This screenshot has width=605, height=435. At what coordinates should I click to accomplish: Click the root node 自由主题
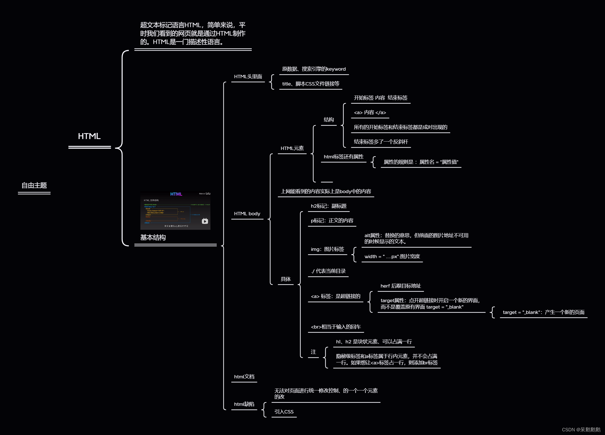point(34,186)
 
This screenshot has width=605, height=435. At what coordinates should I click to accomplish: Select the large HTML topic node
point(89,136)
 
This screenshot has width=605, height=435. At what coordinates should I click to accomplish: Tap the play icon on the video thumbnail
point(205,221)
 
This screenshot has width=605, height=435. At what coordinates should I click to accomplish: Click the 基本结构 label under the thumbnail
point(153,238)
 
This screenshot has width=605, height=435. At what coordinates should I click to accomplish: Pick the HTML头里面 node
point(248,77)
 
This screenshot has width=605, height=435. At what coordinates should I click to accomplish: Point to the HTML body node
point(247,214)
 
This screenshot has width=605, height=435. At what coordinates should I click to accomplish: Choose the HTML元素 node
point(292,148)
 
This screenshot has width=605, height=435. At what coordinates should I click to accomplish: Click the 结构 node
point(329,120)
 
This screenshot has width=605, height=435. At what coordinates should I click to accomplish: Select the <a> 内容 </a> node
point(370,113)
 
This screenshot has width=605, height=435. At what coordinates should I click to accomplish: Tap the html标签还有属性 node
point(343,157)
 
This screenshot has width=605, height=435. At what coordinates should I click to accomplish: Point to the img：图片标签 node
point(327,249)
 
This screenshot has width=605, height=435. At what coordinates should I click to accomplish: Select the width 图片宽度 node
point(392,256)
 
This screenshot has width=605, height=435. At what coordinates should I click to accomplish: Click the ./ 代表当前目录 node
point(328,271)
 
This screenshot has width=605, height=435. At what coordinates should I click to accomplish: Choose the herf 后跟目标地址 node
point(400,286)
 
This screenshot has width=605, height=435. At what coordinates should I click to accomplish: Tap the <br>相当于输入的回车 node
point(336,327)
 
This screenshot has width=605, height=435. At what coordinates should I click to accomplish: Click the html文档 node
point(244,377)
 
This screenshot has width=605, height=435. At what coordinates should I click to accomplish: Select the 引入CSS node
point(284,412)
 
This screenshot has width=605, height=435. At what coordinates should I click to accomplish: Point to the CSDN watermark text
point(581,430)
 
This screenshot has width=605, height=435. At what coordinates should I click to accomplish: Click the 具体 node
point(286,279)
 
